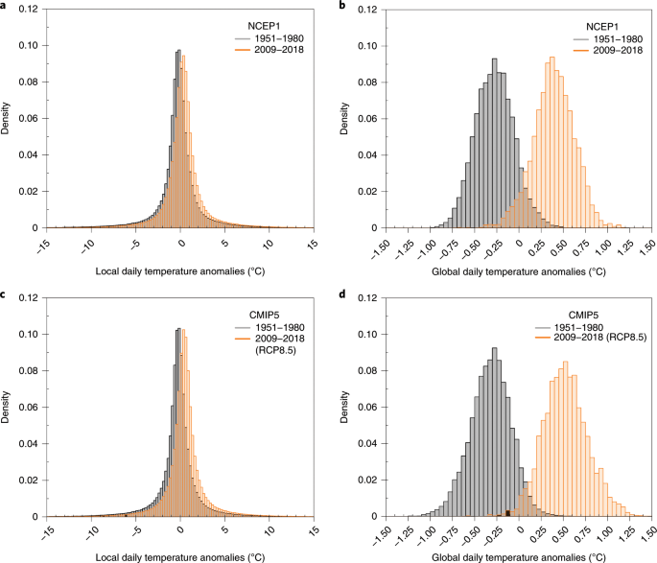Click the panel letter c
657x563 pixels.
coord(5,293)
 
